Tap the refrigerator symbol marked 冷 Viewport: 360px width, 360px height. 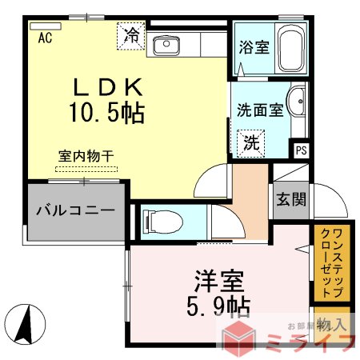(x=130, y=36)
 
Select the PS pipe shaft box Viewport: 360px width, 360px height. (x=302, y=150)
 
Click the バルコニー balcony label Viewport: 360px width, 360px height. (x=74, y=210)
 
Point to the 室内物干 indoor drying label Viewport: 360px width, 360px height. (x=86, y=156)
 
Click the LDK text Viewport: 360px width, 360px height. (x=108, y=86)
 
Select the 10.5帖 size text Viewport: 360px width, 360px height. (x=108, y=114)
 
